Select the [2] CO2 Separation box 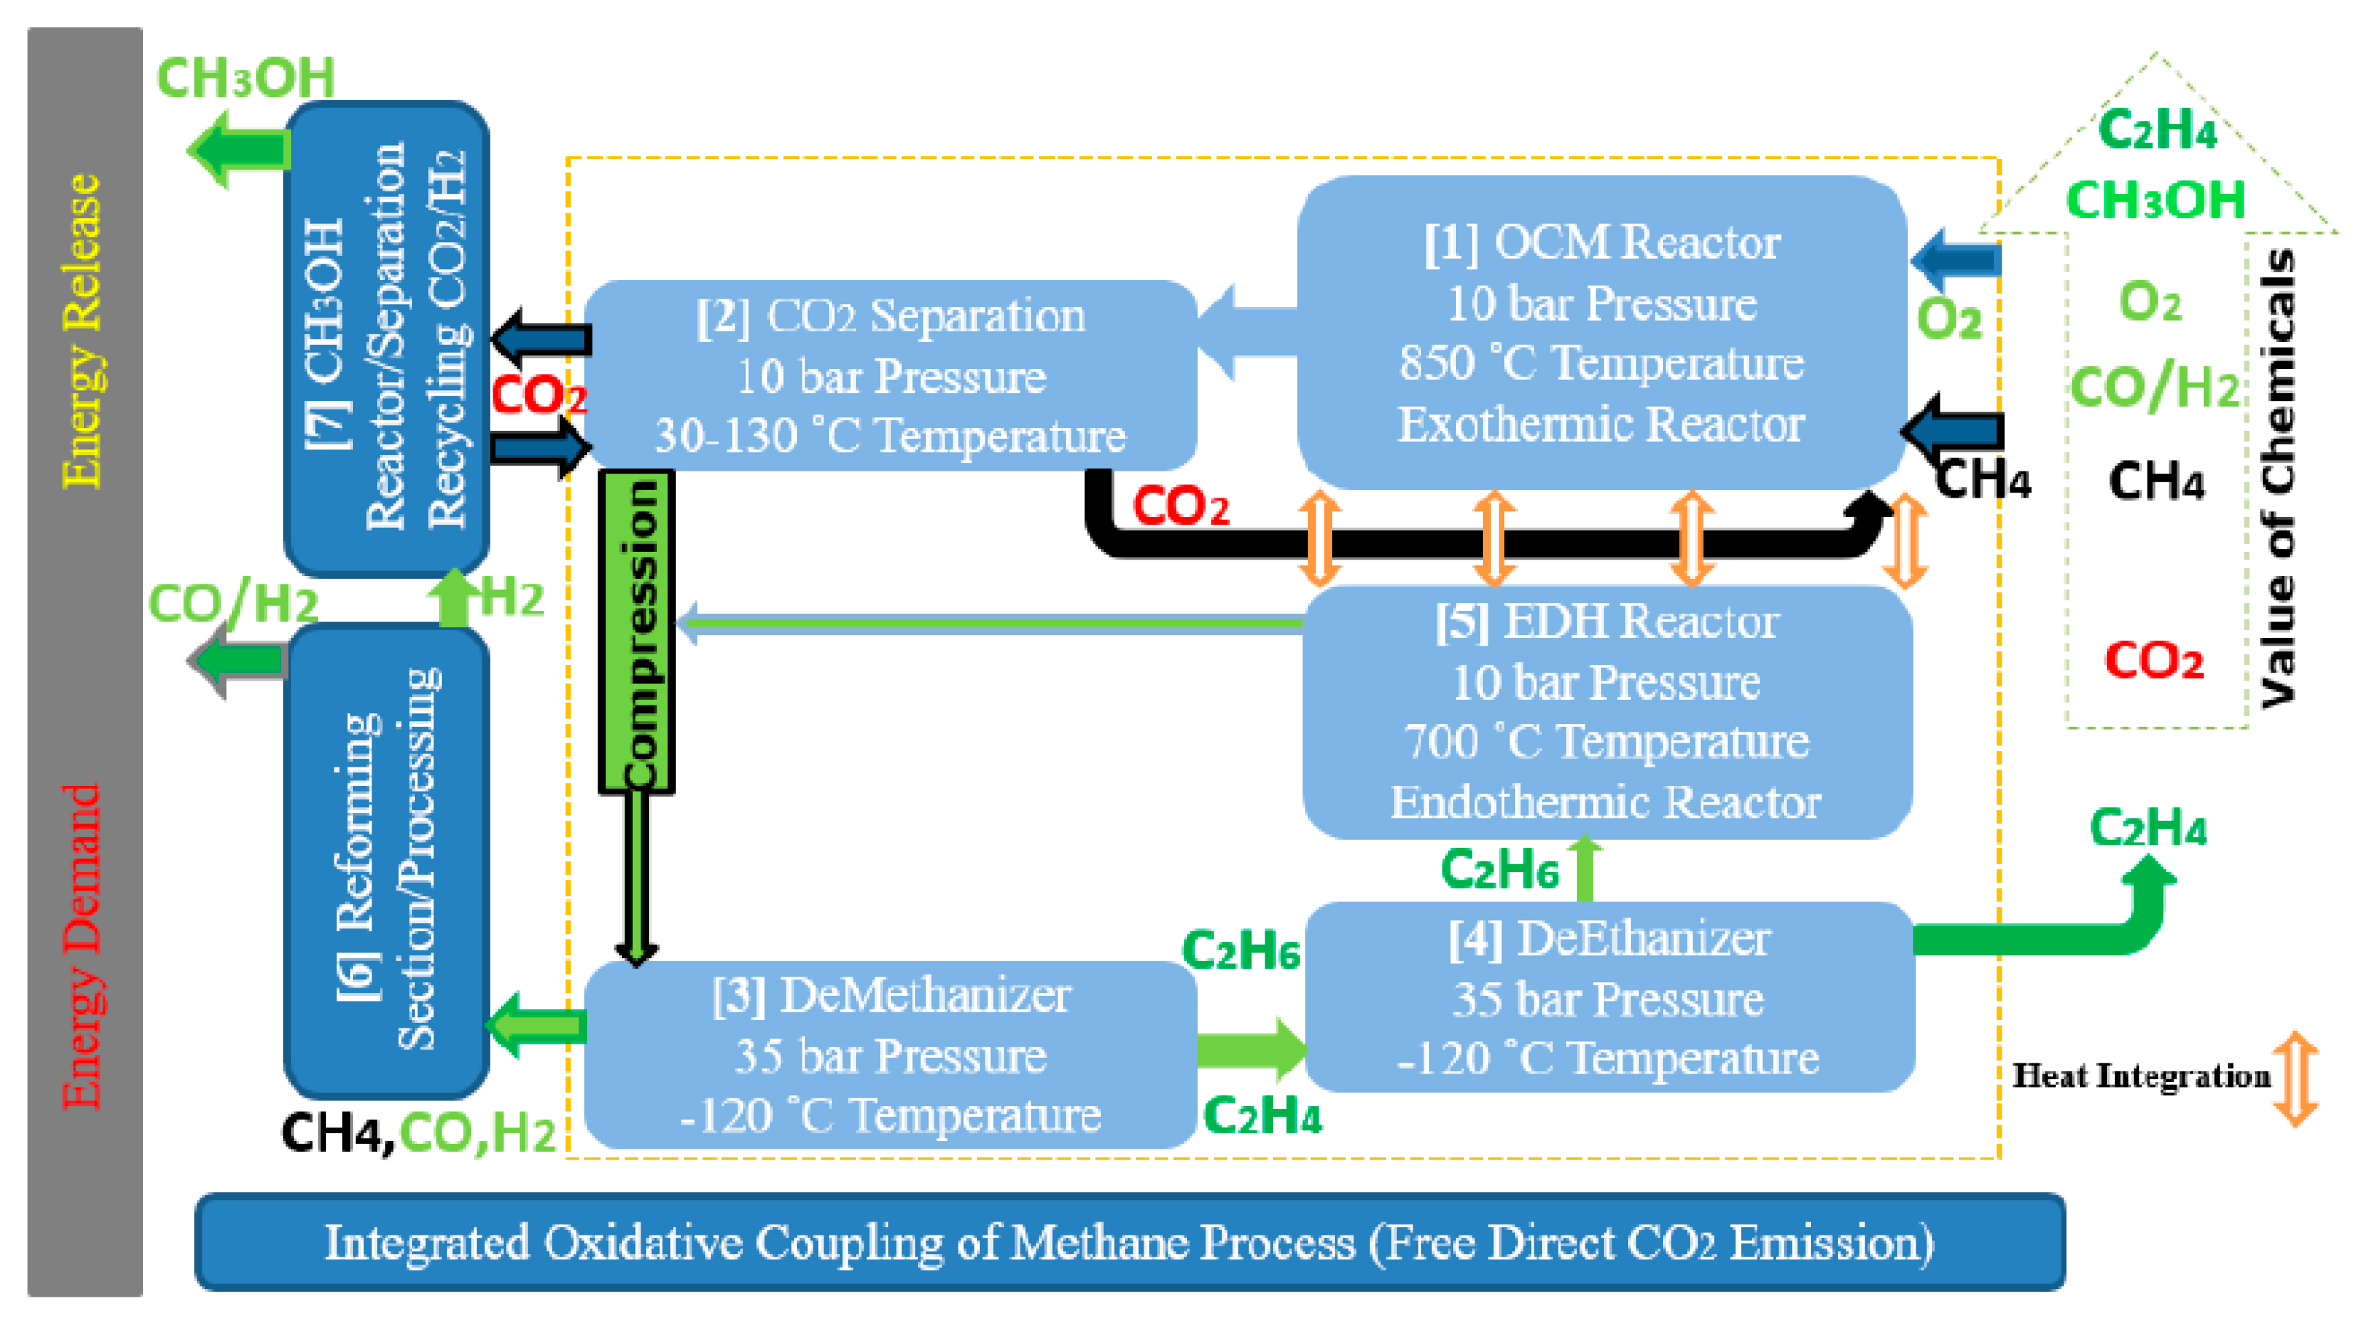click(890, 375)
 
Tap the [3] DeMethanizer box click(890, 1054)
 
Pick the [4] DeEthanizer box click(1608, 997)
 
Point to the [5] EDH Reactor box click(1606, 712)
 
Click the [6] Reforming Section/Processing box click(386, 864)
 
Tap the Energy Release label click(83, 331)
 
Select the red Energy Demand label click(83, 946)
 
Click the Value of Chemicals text click(2279, 478)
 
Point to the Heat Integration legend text click(2141, 1075)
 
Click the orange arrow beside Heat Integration click(2295, 1078)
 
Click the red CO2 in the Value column click(2154, 660)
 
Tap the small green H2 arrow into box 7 click(452, 597)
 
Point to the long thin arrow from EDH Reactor click(992, 623)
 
